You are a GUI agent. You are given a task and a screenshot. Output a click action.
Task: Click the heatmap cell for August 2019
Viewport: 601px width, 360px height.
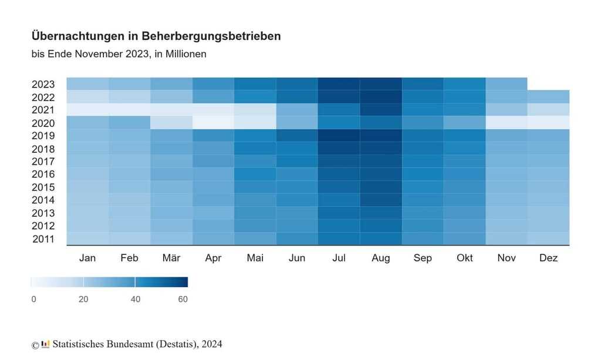(380, 135)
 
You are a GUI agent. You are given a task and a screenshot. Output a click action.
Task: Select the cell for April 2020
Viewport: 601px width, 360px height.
(213, 122)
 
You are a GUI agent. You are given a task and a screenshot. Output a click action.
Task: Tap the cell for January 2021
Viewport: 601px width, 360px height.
(87, 109)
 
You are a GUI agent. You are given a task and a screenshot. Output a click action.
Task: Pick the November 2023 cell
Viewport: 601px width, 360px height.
(507, 83)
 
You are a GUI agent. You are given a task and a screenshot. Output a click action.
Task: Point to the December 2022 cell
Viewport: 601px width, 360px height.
(548, 96)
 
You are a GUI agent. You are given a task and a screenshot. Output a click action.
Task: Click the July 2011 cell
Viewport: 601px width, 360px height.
(339, 238)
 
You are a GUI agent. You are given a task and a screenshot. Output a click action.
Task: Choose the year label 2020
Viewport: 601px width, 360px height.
(43, 123)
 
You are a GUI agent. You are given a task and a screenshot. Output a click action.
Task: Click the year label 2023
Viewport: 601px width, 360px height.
(43, 84)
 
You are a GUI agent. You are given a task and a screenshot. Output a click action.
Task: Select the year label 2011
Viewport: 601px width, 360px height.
(43, 239)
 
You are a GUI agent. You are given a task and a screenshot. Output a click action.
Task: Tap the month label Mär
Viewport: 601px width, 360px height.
(171, 258)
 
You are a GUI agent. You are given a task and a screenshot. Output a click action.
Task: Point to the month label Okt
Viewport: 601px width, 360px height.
(465, 258)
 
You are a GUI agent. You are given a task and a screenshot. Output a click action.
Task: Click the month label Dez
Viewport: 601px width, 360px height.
(548, 258)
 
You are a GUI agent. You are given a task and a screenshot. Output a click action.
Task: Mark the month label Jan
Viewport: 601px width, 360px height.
(87, 258)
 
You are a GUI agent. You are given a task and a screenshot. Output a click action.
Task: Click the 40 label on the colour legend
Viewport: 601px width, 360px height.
(136, 300)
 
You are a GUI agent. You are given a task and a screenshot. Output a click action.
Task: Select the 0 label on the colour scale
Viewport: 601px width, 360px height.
(33, 300)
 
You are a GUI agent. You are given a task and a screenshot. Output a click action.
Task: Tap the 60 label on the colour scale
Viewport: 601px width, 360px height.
(183, 300)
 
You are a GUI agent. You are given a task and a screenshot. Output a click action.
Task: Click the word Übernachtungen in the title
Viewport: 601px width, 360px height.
(77, 36)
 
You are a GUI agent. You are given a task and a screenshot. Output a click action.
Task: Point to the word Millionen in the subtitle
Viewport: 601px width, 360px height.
(186, 54)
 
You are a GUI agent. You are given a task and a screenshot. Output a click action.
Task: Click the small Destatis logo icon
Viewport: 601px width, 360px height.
(46, 344)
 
